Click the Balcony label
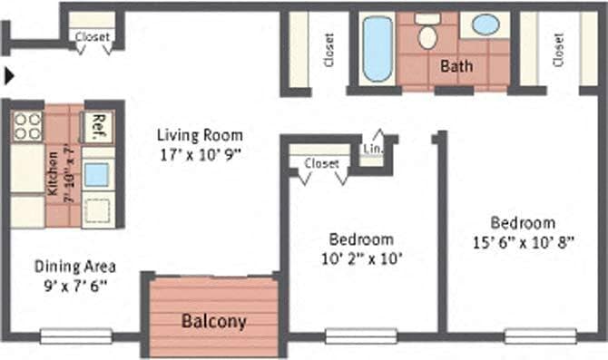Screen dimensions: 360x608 coord(213,321)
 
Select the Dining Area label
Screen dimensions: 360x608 coord(74,267)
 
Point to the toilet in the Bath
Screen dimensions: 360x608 coord(427,33)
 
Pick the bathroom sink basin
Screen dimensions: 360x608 coord(485,24)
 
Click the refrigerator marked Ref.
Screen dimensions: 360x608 coord(98,126)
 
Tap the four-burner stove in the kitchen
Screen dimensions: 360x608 coord(27,125)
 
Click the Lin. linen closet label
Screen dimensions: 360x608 coord(372,148)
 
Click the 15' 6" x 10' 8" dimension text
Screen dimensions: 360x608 coord(522,241)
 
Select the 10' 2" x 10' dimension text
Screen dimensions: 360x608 coord(360,258)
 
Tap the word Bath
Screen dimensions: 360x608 coord(456,66)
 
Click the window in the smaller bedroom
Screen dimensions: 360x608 coord(348,336)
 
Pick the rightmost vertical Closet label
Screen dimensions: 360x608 coord(558,49)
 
